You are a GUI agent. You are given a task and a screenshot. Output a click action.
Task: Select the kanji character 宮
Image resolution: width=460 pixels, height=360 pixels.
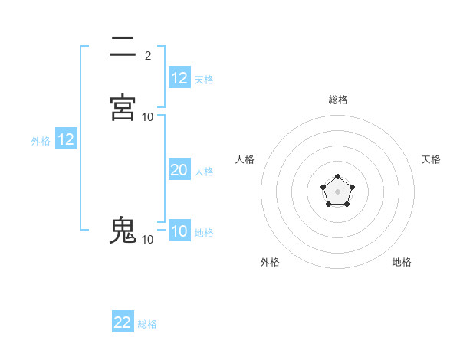(123, 106)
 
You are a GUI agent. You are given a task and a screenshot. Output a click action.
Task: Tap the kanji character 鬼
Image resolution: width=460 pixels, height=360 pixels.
(123, 230)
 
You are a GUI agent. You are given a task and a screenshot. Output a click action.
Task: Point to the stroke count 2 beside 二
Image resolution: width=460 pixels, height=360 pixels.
(148, 55)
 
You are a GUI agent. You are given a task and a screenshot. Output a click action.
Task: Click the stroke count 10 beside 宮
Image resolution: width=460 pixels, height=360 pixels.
(148, 116)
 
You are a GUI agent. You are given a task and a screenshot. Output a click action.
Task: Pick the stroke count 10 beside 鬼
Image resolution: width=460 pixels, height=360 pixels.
(148, 240)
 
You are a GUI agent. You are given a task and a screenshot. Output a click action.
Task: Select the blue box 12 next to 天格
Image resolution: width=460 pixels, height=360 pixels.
(179, 78)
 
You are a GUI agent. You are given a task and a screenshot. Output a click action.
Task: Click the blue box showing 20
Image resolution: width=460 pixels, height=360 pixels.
(179, 171)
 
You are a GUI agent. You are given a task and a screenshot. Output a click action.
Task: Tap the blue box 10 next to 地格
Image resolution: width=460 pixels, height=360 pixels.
(179, 232)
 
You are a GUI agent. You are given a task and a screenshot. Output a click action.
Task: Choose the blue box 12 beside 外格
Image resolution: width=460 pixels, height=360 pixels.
(66, 140)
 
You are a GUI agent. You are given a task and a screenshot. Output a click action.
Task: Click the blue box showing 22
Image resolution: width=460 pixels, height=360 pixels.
(123, 322)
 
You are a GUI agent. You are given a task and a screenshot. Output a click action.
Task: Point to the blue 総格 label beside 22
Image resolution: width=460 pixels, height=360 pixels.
(147, 324)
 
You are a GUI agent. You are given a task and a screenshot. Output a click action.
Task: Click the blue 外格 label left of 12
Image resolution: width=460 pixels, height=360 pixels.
(41, 141)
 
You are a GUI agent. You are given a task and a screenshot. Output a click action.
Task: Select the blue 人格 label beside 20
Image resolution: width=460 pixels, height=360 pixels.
(204, 172)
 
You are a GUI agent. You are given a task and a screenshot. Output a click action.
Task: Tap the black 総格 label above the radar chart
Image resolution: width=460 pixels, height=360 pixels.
(338, 100)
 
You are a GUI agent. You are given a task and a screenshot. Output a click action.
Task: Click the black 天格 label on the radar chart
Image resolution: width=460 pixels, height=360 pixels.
(432, 159)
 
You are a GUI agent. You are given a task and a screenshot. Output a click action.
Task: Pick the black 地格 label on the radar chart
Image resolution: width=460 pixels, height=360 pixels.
(402, 263)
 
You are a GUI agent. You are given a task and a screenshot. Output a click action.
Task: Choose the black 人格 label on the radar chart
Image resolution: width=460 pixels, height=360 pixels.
(245, 159)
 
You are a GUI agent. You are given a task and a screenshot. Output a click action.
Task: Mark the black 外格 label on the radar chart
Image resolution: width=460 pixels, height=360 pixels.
(270, 263)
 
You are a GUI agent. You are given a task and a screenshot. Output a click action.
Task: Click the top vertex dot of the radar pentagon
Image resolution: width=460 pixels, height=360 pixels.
(338, 178)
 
